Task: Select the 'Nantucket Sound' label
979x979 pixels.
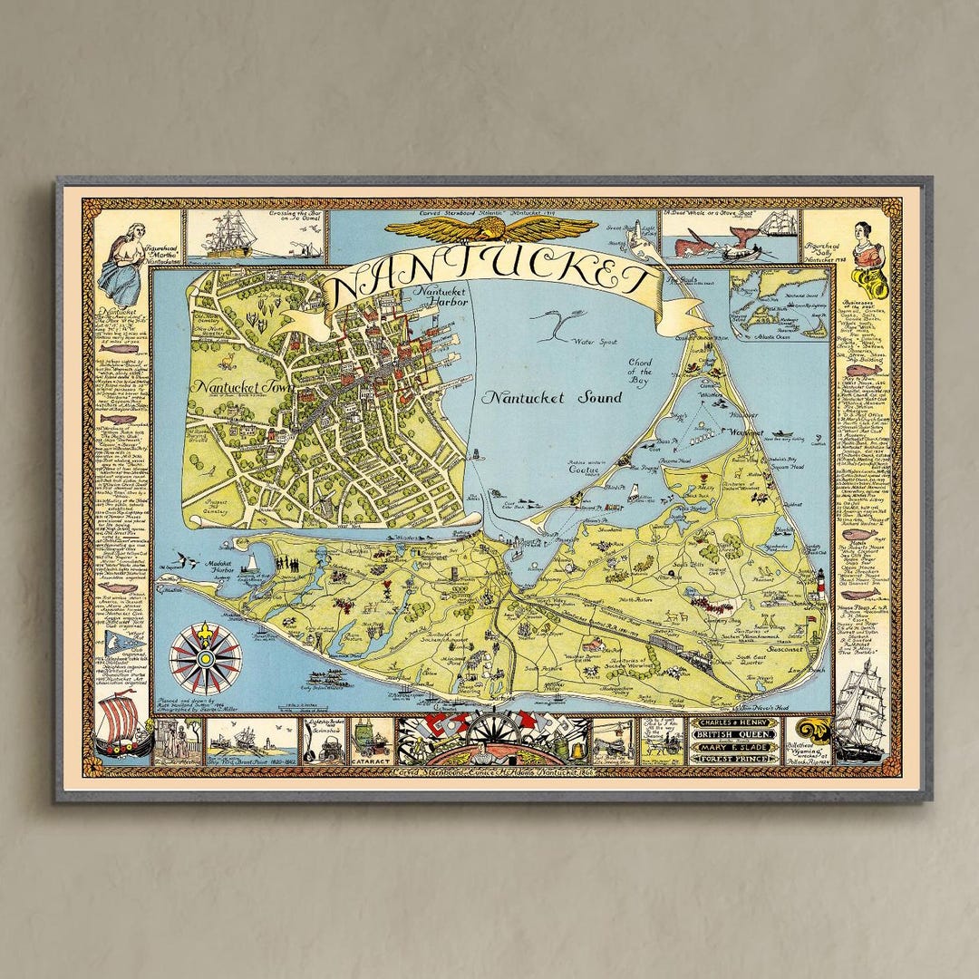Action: coord(552,398)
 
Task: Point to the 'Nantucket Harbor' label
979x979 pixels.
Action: coord(440,296)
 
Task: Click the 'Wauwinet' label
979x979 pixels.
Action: coord(748,433)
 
